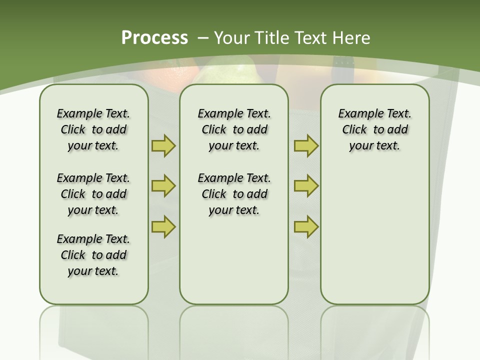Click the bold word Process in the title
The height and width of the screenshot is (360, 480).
(x=154, y=37)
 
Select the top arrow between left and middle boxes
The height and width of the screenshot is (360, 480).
(x=163, y=145)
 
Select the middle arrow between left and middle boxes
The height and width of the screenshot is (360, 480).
(x=163, y=186)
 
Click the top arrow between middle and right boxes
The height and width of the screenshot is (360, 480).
(x=306, y=145)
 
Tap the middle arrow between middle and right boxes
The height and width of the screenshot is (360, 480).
(x=306, y=186)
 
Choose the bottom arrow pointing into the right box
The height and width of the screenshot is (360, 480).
(x=306, y=226)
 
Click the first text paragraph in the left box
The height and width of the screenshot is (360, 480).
(x=93, y=129)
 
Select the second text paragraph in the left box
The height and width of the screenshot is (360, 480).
(x=93, y=194)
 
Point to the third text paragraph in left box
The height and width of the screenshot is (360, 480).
(x=93, y=255)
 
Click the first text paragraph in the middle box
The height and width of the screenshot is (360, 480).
(x=234, y=129)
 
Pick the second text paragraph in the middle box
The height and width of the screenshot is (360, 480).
(x=234, y=194)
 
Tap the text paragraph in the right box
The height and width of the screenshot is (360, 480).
(x=374, y=129)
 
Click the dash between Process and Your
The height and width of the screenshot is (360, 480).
(x=203, y=37)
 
